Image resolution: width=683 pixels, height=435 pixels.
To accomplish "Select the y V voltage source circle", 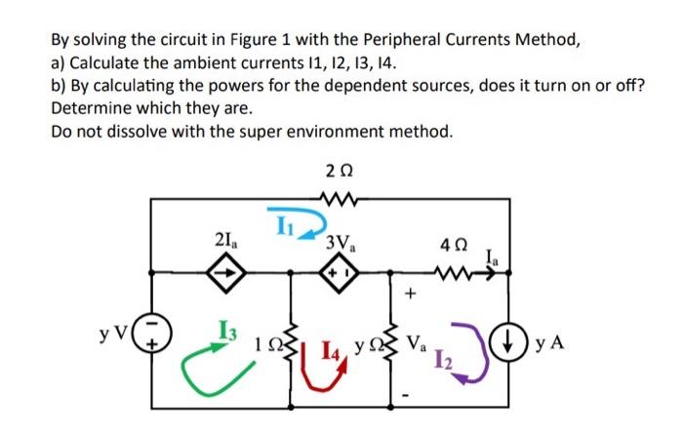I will [x=151, y=344].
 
